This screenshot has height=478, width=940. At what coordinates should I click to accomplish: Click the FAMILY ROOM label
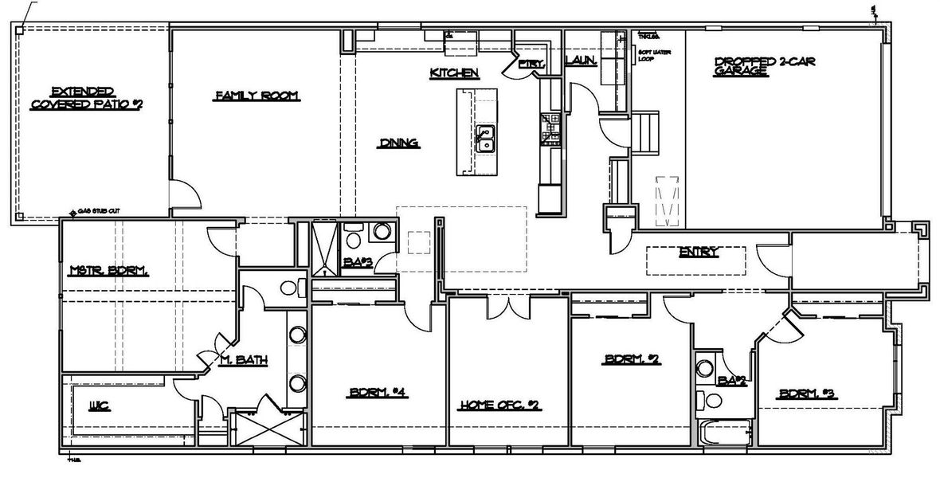256,96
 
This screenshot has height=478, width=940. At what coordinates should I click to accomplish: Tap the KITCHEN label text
454,73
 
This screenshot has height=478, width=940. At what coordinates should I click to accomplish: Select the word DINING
398,144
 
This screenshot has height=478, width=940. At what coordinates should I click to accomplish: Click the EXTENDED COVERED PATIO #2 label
86,98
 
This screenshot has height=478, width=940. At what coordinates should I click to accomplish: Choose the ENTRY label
699,253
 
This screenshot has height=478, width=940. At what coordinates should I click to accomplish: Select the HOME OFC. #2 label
499,406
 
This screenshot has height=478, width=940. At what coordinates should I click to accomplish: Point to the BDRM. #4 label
378,392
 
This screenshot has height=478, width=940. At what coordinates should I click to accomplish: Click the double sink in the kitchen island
485,139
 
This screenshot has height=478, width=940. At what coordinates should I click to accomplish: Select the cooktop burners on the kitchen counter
550,128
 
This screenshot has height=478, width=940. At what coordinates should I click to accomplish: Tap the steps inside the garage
646,132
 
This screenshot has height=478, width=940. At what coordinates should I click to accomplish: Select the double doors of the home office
508,304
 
